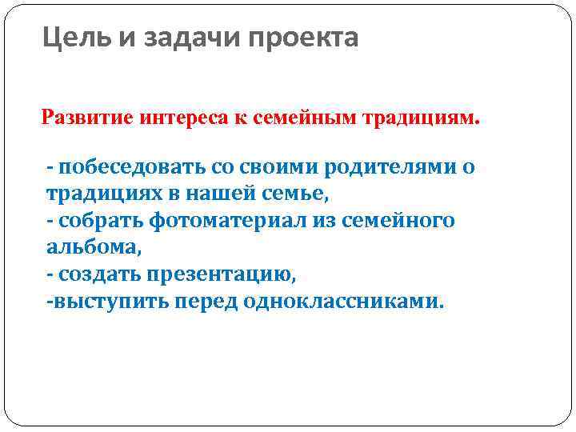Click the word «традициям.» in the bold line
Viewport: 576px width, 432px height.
pyautogui.click(x=422, y=119)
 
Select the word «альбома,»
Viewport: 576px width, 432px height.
pyautogui.click(x=94, y=248)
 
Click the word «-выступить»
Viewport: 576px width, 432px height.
pyautogui.click(x=98, y=303)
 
